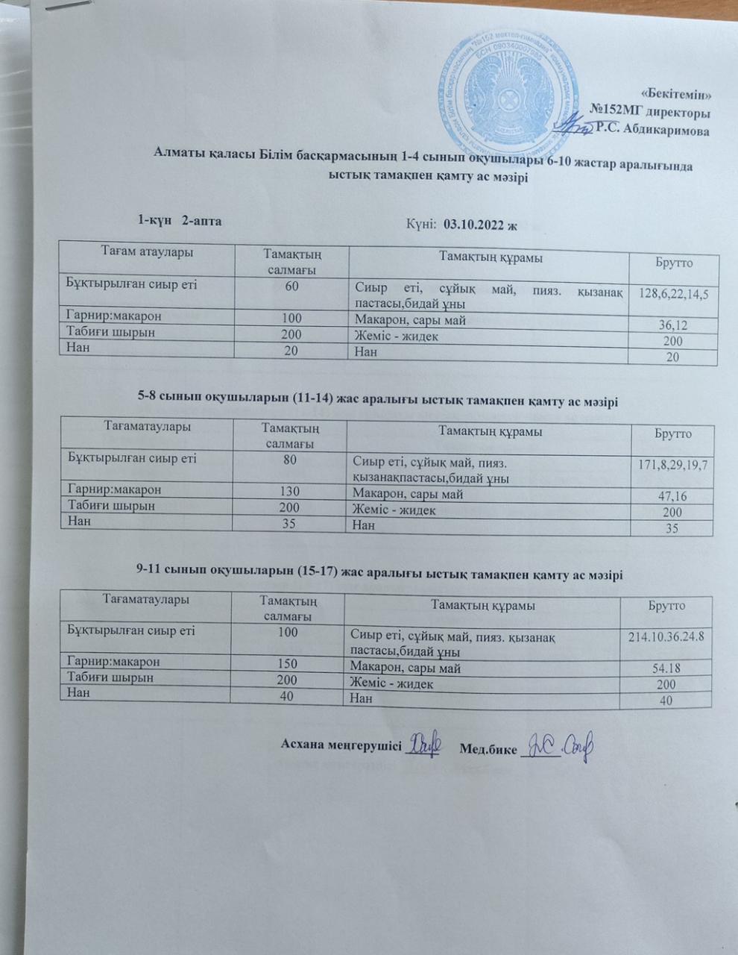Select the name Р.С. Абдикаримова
click(x=654, y=129)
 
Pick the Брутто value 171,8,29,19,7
click(x=672, y=466)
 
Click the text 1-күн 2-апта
click(x=180, y=220)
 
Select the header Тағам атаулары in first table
click(x=146, y=252)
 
